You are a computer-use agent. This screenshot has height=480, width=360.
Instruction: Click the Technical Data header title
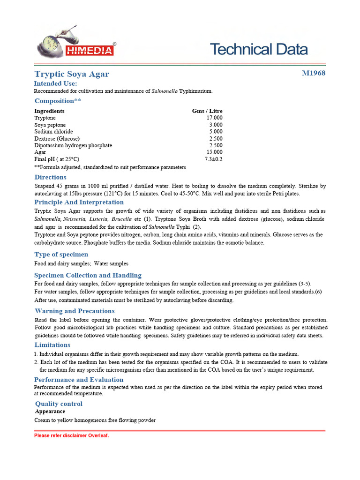(x=259, y=49)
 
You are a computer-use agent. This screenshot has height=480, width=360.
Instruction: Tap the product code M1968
(x=314, y=73)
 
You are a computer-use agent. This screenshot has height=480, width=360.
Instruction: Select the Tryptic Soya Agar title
(x=72, y=74)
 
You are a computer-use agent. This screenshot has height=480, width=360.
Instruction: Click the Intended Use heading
(x=59, y=83)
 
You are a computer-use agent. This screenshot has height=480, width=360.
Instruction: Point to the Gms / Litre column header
(x=207, y=111)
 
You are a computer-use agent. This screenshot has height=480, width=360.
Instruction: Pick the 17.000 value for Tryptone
(x=215, y=118)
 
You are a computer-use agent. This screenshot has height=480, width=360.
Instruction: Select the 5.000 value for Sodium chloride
(x=216, y=132)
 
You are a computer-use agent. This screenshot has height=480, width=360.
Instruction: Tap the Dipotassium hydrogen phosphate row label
(x=73, y=145)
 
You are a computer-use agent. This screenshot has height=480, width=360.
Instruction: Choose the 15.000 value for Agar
(x=215, y=152)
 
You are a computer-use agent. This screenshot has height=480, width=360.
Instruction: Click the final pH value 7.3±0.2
(x=214, y=159)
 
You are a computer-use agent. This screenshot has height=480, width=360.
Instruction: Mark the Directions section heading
(x=50, y=177)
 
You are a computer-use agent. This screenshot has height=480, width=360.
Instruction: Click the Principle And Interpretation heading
(x=79, y=202)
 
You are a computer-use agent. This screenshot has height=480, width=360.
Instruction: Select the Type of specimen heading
(x=61, y=254)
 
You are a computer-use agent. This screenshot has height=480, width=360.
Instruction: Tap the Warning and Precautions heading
(x=75, y=311)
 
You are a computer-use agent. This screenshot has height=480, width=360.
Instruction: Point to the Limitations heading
(x=52, y=345)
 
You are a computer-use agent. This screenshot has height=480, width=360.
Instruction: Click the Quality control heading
(x=59, y=404)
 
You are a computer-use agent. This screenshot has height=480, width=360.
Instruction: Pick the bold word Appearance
(x=50, y=412)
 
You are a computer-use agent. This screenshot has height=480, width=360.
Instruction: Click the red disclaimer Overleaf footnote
(x=71, y=435)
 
